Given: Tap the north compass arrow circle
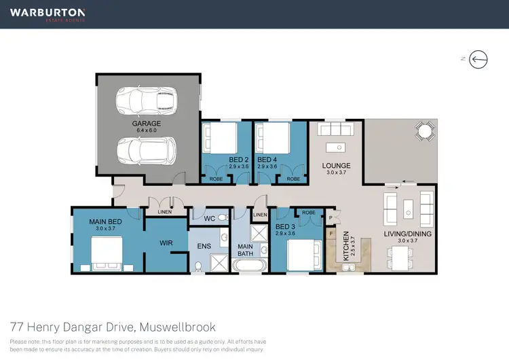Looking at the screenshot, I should [x=480, y=59].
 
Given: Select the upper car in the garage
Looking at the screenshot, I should [x=146, y=101].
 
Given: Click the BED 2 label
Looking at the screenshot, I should [x=219, y=160].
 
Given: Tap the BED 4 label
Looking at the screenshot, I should [x=267, y=160].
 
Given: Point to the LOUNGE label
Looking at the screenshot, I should [x=336, y=165].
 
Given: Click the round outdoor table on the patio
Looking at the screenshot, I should [x=426, y=130].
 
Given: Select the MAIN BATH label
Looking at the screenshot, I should [x=244, y=250].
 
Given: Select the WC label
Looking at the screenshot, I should [x=209, y=219].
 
